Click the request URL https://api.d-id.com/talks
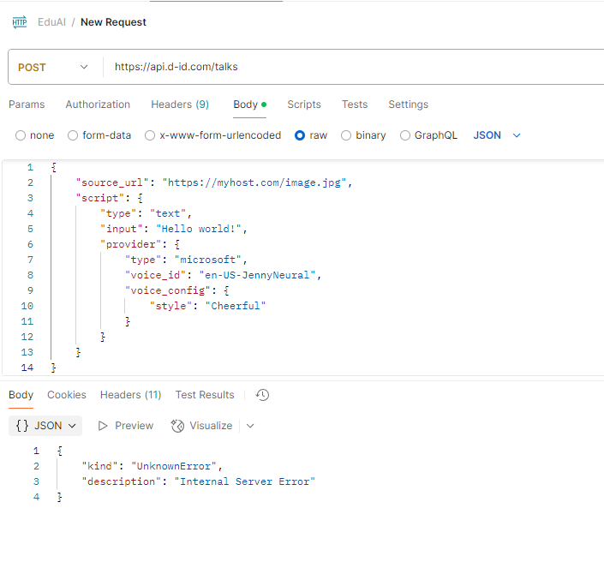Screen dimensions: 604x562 [x=176, y=67]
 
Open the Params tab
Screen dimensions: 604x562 [x=27, y=105]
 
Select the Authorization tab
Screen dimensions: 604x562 [x=98, y=105]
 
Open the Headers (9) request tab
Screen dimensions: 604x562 [x=180, y=105]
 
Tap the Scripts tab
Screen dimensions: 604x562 [x=304, y=105]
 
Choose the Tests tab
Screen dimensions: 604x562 [x=355, y=105]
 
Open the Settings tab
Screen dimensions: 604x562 [x=409, y=105]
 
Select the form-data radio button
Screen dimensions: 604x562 [x=73, y=135]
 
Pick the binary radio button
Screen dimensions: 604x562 [x=346, y=135]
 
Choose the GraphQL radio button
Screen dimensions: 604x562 [x=405, y=135]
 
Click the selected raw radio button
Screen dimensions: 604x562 [x=300, y=135]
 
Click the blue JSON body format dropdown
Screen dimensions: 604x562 [x=497, y=135]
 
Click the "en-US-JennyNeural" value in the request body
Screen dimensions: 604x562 [x=257, y=275]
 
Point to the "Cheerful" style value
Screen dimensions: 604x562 [x=236, y=306]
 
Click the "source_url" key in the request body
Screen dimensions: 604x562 [x=112, y=182]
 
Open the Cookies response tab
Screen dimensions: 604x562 [x=67, y=395]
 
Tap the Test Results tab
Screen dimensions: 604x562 [x=205, y=395]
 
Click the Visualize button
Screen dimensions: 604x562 [x=202, y=426]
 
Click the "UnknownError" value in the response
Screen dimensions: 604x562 [x=174, y=466]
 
